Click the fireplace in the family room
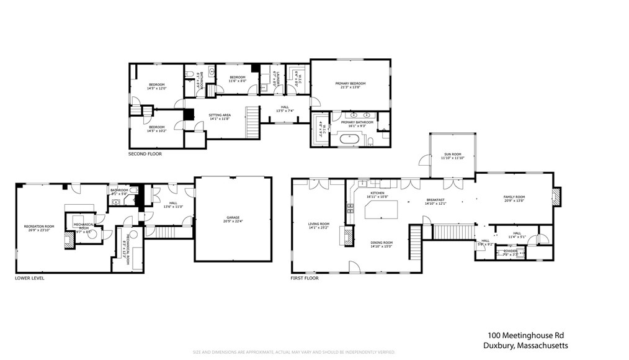point(556,197)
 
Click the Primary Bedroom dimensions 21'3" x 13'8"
point(350,88)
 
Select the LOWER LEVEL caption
point(30,278)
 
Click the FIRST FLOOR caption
point(305,278)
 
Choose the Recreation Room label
point(39,226)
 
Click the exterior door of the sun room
point(424,161)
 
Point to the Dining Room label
point(381,243)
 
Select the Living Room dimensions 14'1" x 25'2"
point(319,228)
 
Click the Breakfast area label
point(435,199)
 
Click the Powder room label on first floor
point(511,251)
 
